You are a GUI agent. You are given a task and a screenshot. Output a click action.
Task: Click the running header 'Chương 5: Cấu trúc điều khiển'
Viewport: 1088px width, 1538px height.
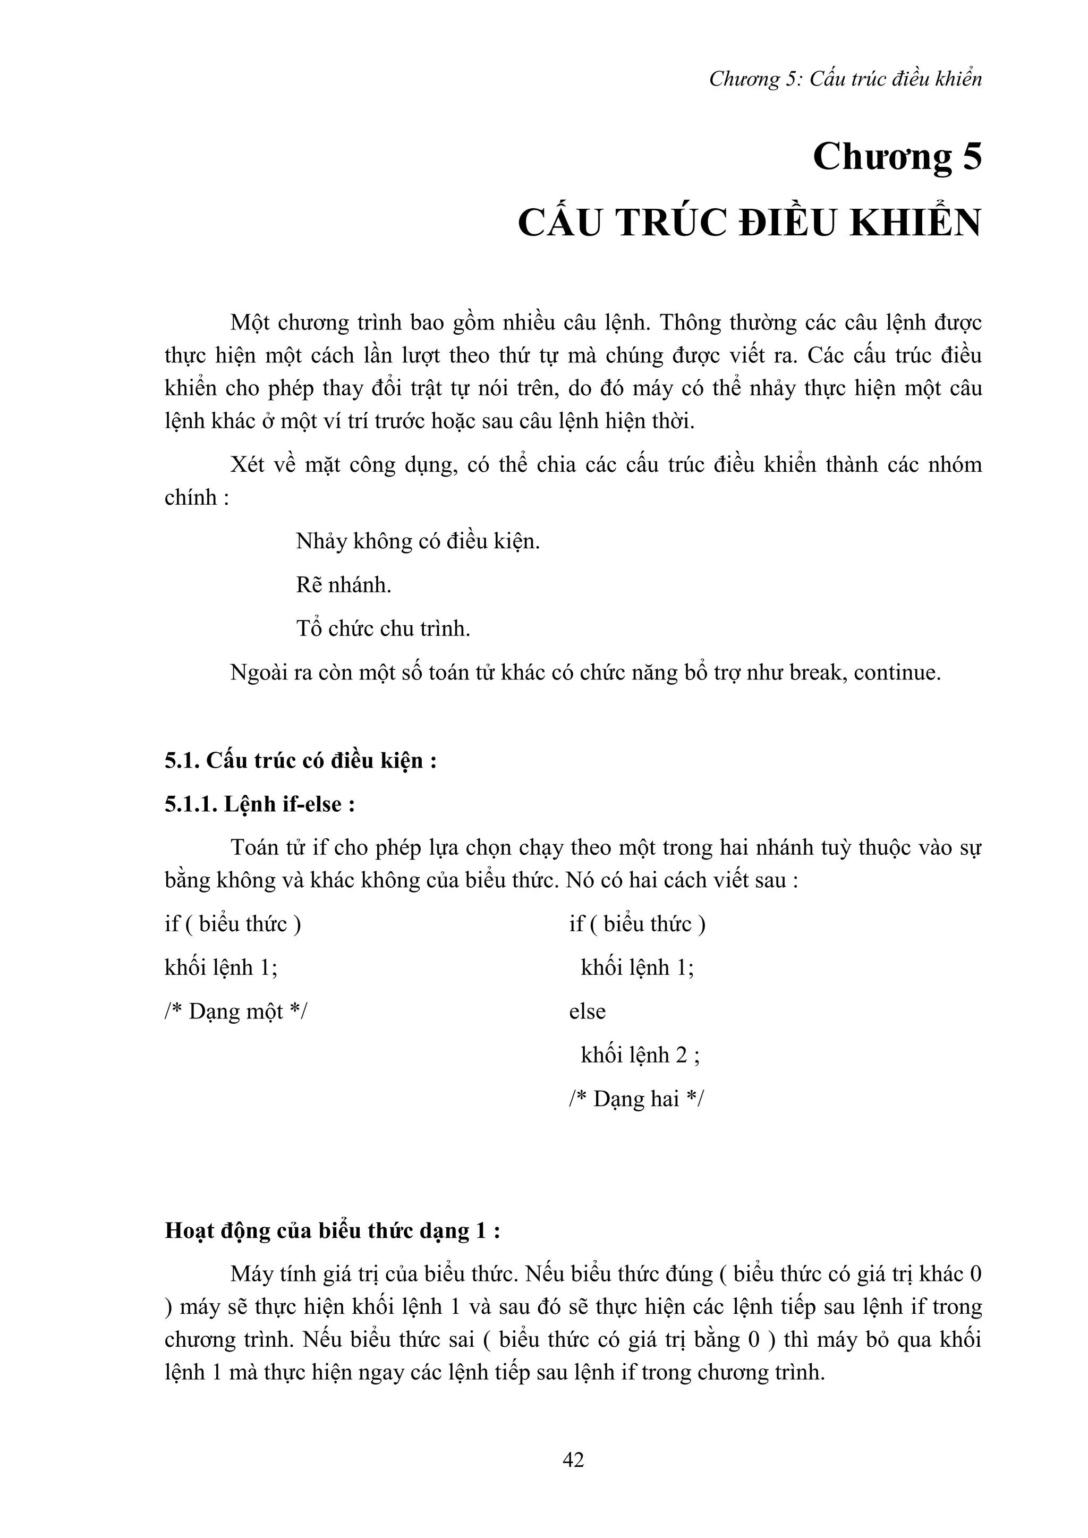click(845, 80)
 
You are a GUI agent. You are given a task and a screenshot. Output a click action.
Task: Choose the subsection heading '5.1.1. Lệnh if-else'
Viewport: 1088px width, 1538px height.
click(259, 804)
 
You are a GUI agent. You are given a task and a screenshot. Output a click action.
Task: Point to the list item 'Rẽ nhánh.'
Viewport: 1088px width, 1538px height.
click(344, 585)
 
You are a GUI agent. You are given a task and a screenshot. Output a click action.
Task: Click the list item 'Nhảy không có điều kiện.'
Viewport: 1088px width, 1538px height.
click(418, 541)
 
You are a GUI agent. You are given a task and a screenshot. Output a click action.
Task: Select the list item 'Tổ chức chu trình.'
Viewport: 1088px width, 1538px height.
click(382, 629)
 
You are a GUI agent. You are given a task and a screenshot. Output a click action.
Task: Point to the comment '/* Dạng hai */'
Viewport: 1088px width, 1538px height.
click(636, 1099)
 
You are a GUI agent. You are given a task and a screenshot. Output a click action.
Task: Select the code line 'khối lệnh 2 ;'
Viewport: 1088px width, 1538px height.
click(640, 1055)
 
